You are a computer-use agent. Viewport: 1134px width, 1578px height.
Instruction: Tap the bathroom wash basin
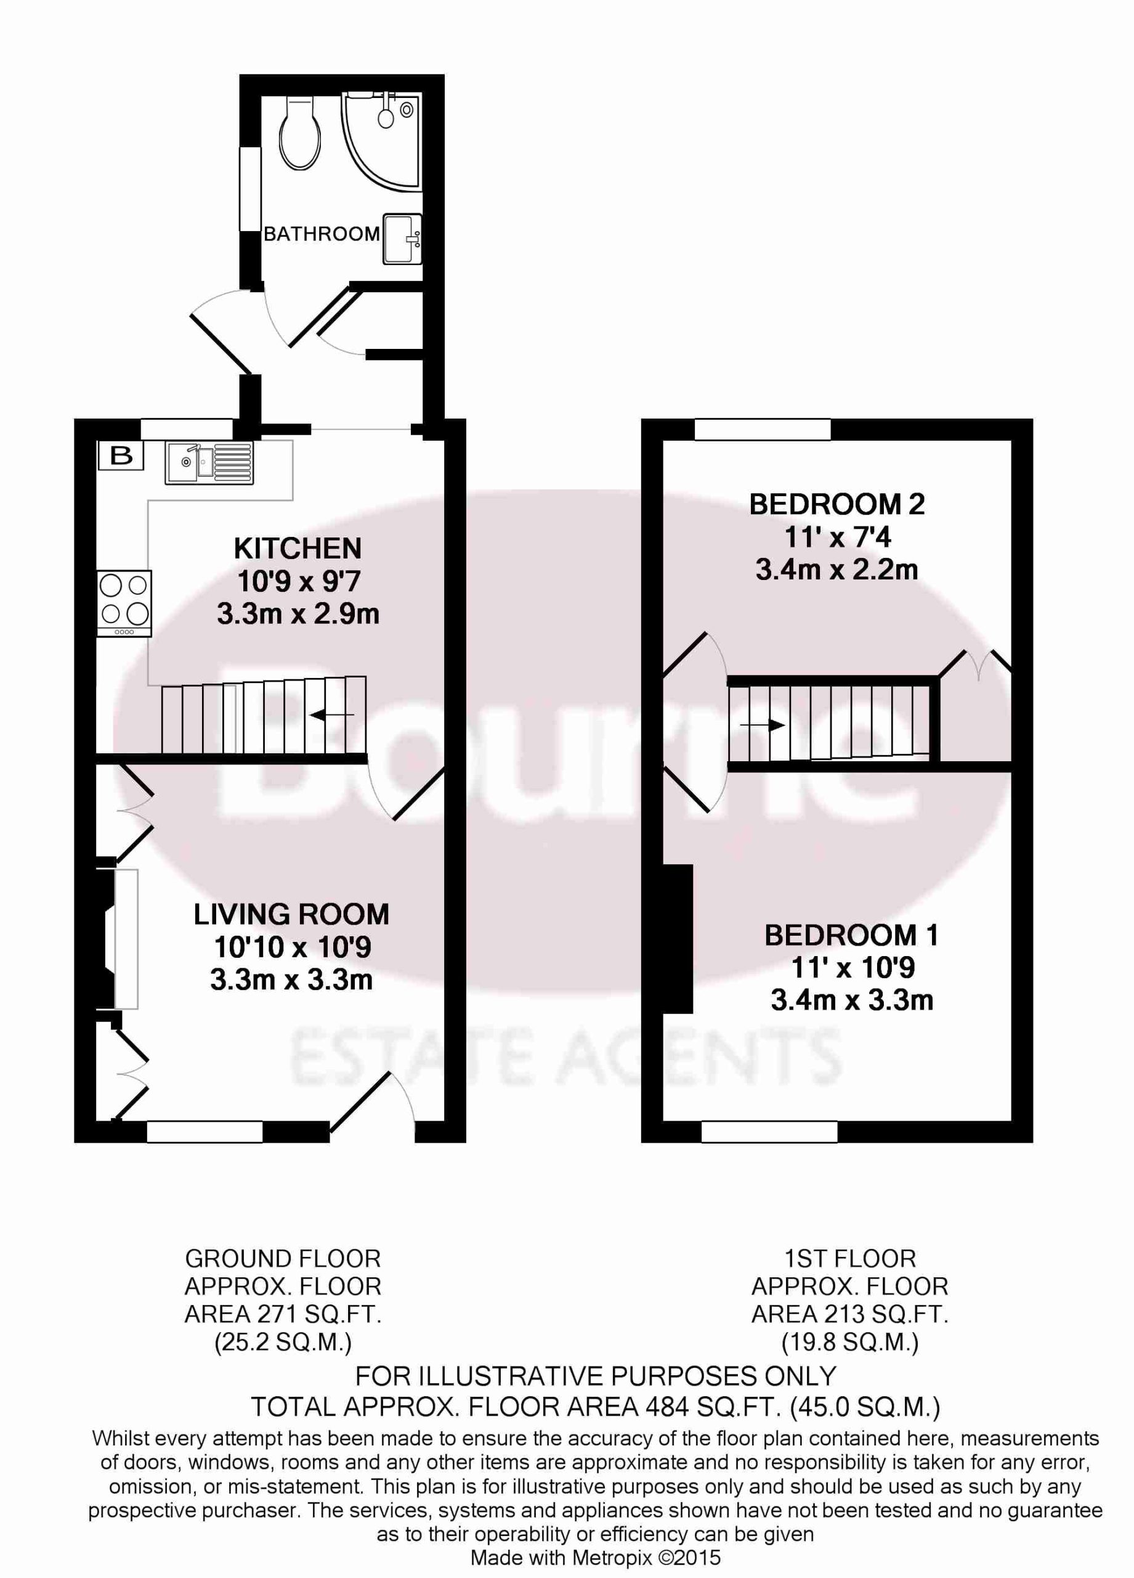pyautogui.click(x=401, y=239)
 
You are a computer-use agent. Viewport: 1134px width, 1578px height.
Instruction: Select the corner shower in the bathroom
pyautogui.click(x=382, y=141)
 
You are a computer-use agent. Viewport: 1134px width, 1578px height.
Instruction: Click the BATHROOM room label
pyautogui.click(x=321, y=234)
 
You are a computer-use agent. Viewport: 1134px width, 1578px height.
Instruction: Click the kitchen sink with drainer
pyautogui.click(x=209, y=464)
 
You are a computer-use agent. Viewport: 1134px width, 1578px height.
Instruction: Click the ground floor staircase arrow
pyautogui.click(x=333, y=714)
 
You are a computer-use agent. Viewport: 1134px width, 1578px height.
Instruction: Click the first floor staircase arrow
pyautogui.click(x=762, y=725)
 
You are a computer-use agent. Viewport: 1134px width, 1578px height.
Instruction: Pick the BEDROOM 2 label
pyautogui.click(x=837, y=504)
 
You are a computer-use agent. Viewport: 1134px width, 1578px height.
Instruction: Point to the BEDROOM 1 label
pyautogui.click(x=852, y=935)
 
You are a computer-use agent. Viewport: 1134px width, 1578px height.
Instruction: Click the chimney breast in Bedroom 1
pyautogui.click(x=678, y=939)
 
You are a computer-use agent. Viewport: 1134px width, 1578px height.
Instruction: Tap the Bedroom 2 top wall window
pyautogui.click(x=763, y=429)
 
